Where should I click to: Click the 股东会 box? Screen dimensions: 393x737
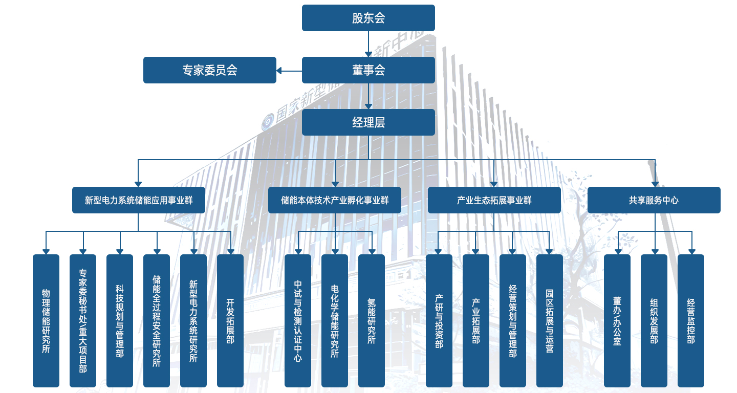tap(368, 18)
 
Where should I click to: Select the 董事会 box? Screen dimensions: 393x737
tap(368, 70)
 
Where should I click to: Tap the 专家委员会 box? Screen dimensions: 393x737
tap(209, 70)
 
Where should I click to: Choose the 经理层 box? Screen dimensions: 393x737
tap(368, 122)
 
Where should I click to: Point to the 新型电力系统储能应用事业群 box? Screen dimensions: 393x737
tap(138, 200)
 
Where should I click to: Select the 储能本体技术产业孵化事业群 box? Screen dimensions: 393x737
tap(335, 200)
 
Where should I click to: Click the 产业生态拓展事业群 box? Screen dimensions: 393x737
tap(494, 200)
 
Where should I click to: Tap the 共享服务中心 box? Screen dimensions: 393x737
tap(654, 200)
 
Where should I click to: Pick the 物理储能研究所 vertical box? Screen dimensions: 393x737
tap(46, 321)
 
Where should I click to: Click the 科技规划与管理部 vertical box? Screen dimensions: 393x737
tap(120, 321)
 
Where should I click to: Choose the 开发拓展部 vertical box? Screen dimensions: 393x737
tap(230, 321)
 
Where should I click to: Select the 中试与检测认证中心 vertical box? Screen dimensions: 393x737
tap(298, 321)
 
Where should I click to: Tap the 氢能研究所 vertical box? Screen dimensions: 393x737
tap(372, 321)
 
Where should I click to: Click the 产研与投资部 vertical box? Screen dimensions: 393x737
tap(439, 321)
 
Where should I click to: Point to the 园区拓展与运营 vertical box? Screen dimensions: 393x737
tap(550, 321)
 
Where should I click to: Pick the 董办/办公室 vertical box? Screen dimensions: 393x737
tap(617, 321)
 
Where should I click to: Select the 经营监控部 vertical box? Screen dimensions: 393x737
tap(691, 321)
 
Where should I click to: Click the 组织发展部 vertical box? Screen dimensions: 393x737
tap(654, 321)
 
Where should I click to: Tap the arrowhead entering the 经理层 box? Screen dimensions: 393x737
tap(368, 105)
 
